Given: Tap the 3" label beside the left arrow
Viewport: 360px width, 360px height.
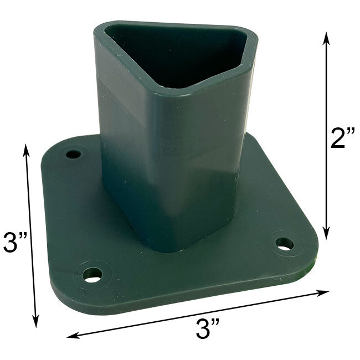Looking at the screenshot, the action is [x=16, y=242].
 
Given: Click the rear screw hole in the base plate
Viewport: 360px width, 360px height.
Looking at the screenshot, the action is [x=73, y=155].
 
